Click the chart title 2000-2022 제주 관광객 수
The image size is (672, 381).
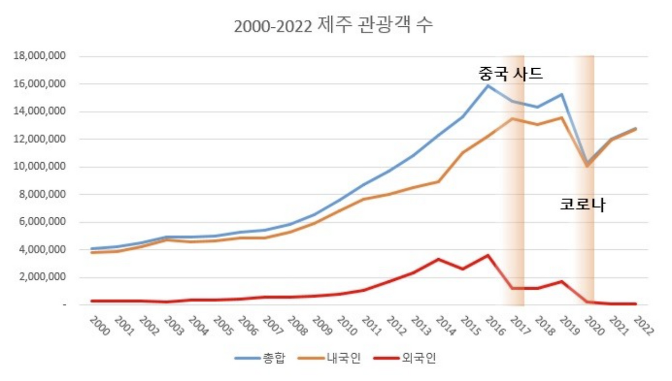coord(333,26)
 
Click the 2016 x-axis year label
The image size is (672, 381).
coord(496,326)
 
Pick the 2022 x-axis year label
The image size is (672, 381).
coord(643,326)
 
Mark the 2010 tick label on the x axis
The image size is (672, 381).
coord(346,326)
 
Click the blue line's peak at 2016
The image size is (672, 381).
coord(488,85)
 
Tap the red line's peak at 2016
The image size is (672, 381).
coord(488,256)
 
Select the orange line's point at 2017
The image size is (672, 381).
coord(512,119)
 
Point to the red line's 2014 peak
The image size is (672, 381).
coord(438,259)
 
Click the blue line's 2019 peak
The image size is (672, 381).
coord(562,94)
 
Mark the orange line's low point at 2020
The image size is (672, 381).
coord(587,166)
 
